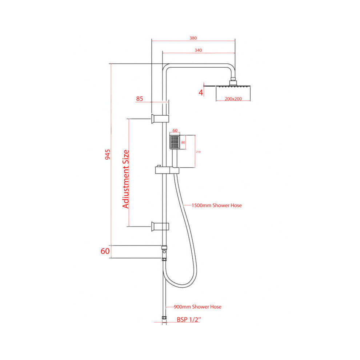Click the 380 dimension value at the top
(x=193, y=38)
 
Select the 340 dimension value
(x=198, y=50)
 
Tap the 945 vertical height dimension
(x=107, y=155)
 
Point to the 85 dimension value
(x=140, y=99)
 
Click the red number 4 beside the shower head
(x=201, y=92)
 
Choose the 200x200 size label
(x=233, y=99)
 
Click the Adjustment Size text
(x=126, y=179)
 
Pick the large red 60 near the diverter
(x=105, y=251)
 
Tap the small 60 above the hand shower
(x=175, y=131)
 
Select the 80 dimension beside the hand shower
(x=183, y=142)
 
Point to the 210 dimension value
(x=198, y=152)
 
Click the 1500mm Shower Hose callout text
(x=216, y=205)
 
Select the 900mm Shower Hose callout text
(x=197, y=307)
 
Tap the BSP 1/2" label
(x=189, y=319)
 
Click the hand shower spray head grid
(x=175, y=142)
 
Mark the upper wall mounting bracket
(x=160, y=119)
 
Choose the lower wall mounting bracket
(x=160, y=227)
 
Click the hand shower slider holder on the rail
(x=167, y=170)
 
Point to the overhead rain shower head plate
(x=233, y=86)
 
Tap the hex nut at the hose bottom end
(x=164, y=318)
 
